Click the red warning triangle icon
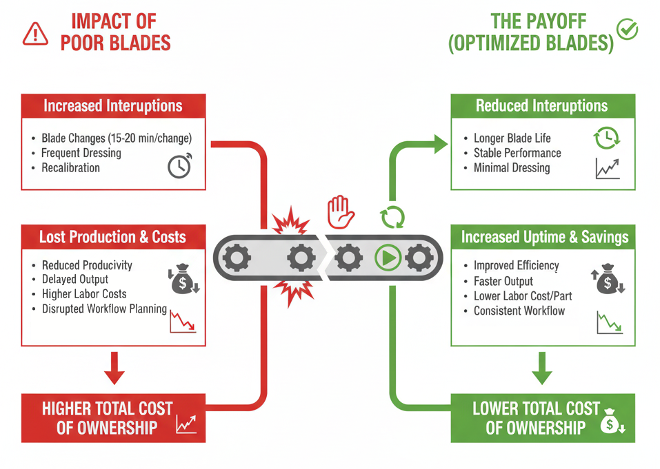click(35, 33)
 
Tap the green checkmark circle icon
click(628, 30)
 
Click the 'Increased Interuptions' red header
click(113, 106)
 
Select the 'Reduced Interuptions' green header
click(542, 106)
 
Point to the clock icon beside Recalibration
click(180, 165)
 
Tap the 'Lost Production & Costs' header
click(113, 238)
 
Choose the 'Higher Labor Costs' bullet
click(84, 294)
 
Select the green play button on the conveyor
click(388, 258)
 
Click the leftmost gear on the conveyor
click(239, 258)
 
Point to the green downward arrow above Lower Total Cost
click(542, 368)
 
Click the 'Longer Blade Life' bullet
click(512, 138)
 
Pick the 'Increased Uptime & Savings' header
click(544, 238)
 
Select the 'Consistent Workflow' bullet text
click(519, 311)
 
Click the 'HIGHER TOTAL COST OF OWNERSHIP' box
click(113, 417)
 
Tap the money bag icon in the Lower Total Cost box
click(611, 421)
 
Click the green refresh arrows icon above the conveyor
click(392, 217)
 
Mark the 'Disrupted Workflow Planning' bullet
click(104, 309)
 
